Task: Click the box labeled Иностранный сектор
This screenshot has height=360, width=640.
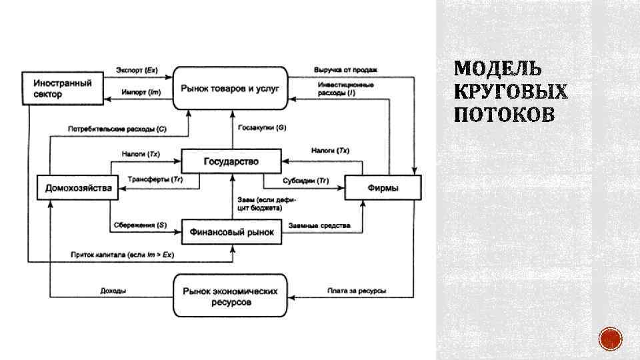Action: [x=65, y=88]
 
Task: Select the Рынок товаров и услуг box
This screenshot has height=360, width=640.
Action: [x=230, y=88]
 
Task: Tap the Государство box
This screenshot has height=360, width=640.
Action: [x=231, y=161]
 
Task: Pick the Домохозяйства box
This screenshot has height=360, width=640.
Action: [x=78, y=187]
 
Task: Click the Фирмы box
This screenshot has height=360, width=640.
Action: [x=383, y=187]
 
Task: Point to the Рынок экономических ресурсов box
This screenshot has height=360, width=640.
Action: [x=230, y=297]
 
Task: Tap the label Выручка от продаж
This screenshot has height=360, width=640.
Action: [x=346, y=69]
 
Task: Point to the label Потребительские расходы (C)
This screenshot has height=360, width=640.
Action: [x=117, y=127]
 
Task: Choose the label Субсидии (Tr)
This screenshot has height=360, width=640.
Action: [x=305, y=180]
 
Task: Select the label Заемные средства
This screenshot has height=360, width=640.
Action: [x=319, y=225]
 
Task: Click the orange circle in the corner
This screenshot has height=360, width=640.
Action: [x=610, y=339]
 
